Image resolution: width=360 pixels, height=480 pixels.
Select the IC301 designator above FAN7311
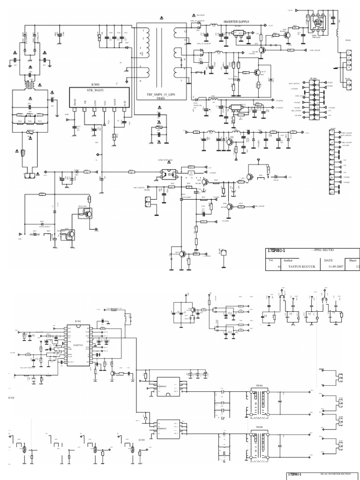[x=78, y=321]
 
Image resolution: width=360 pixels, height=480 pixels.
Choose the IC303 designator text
[x=141, y=440]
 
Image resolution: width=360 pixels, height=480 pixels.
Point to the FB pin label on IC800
[x=85, y=101]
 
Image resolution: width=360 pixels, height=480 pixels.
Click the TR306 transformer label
[x=259, y=385]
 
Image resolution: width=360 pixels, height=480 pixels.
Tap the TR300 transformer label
[x=259, y=427]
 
